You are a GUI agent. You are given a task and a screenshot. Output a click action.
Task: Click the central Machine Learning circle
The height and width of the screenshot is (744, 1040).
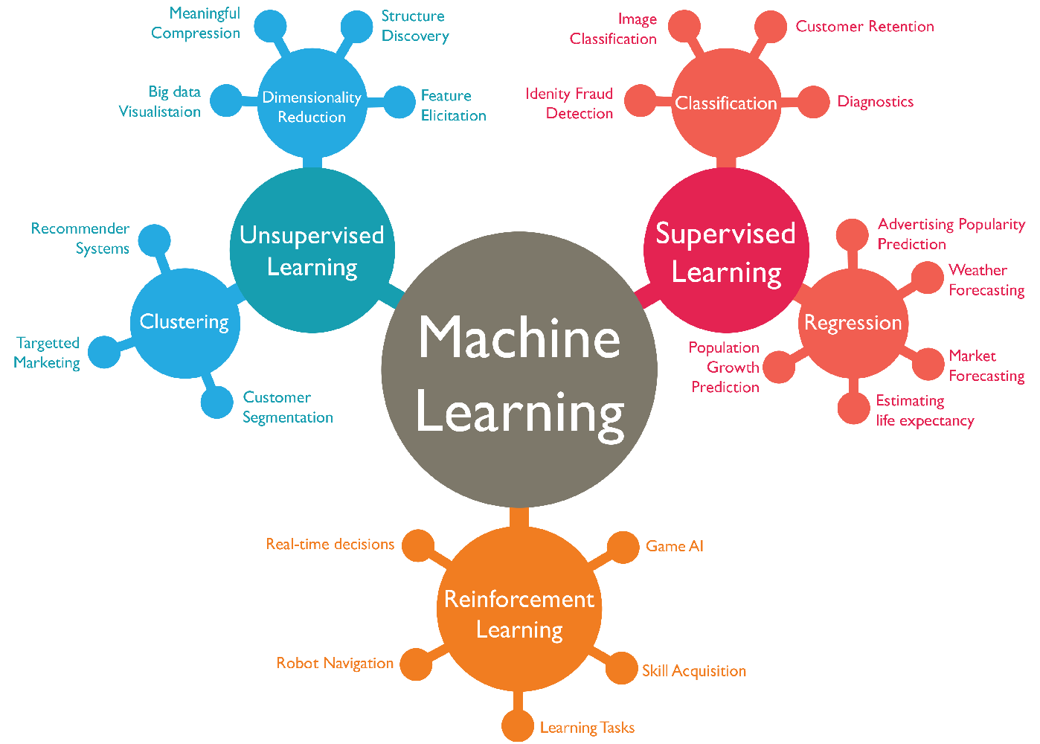click(519, 370)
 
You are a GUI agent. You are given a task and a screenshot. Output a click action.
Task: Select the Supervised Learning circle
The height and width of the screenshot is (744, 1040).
click(726, 251)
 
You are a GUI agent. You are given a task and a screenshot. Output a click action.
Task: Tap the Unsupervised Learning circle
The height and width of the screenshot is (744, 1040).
click(312, 251)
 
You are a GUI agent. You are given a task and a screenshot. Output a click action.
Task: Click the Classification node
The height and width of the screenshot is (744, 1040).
click(726, 103)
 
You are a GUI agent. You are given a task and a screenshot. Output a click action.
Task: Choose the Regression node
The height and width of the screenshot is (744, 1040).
click(853, 323)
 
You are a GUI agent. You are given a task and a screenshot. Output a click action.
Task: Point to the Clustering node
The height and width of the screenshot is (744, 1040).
click(184, 323)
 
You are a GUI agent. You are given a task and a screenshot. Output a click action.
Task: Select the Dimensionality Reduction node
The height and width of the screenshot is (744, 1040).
click(312, 106)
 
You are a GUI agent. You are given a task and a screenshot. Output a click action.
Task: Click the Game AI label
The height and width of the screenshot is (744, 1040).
click(675, 546)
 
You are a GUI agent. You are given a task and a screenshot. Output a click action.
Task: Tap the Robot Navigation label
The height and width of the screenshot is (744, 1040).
click(335, 663)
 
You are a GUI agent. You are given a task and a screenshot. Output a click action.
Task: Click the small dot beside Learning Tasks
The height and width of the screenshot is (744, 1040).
click(517, 727)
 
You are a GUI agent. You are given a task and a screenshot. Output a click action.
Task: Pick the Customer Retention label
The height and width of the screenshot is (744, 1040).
click(864, 27)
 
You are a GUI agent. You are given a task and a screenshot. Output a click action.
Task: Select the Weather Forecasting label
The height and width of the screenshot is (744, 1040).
click(986, 280)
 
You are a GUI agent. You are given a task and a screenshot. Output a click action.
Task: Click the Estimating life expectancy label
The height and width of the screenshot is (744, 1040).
click(925, 411)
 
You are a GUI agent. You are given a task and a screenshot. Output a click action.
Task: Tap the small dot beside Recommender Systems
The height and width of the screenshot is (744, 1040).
click(155, 240)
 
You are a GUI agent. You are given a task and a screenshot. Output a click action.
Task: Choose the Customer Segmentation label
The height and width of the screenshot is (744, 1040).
click(288, 408)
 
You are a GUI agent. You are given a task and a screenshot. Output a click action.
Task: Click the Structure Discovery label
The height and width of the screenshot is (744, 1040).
click(415, 26)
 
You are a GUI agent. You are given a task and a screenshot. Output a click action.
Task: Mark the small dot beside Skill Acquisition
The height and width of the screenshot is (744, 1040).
click(621, 668)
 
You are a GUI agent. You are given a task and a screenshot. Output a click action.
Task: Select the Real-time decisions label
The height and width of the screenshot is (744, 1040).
click(330, 545)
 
